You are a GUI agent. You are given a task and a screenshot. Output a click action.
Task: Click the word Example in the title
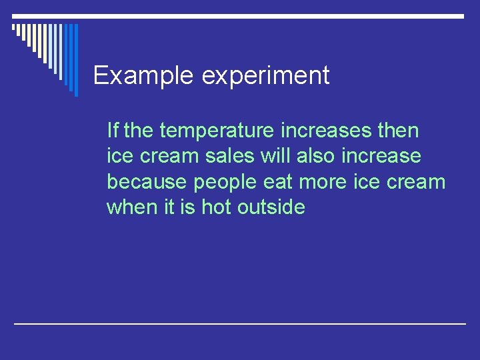143,76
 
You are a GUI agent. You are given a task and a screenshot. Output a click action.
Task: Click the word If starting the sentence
113,131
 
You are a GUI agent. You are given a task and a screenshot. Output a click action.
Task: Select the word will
275,156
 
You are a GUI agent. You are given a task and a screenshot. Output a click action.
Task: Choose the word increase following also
382,156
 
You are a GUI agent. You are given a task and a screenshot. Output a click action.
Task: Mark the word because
147,181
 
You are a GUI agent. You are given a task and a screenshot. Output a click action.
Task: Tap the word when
131,207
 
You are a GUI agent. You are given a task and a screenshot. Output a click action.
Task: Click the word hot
216,207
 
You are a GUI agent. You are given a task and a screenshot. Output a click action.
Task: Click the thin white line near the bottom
240,323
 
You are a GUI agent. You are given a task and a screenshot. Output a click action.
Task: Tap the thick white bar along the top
240,15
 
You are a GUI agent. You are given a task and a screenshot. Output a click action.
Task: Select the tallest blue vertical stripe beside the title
75,60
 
